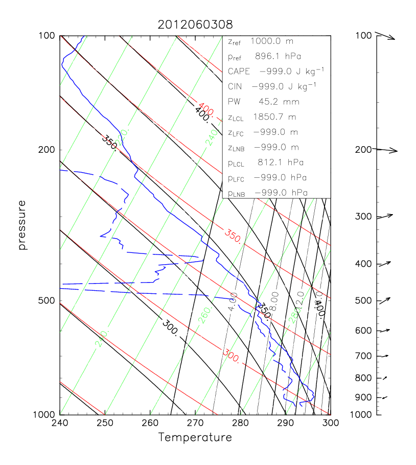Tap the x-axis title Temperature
click(x=195, y=437)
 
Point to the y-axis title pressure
click(x=22, y=225)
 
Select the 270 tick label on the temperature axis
click(x=195, y=423)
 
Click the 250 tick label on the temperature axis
click(x=105, y=423)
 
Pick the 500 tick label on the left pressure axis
click(x=48, y=300)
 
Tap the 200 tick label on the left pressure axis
click(x=48, y=150)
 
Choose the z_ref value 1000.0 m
click(x=276, y=41)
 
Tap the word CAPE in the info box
click(x=239, y=71)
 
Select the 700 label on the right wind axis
click(x=362, y=356)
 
